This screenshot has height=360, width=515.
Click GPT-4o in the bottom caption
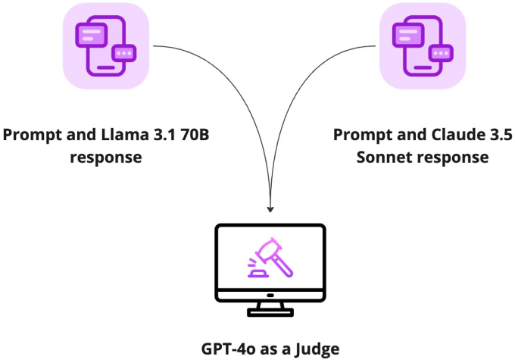[229, 349]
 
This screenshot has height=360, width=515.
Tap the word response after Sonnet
[453, 157]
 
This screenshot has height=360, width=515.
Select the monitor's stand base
[270, 311]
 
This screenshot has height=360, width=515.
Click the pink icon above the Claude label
[412, 46]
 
